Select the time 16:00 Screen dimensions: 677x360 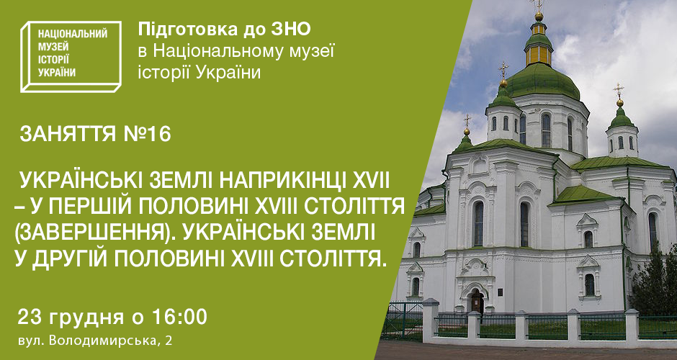pos(179,318)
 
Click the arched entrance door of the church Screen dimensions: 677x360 pos(477,302)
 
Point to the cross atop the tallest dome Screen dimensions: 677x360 pos(539,5)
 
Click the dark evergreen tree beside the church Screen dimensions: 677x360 pos(655,281)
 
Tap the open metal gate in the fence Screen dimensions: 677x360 pos(403,320)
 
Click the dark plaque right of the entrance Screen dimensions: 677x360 pos(500,292)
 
